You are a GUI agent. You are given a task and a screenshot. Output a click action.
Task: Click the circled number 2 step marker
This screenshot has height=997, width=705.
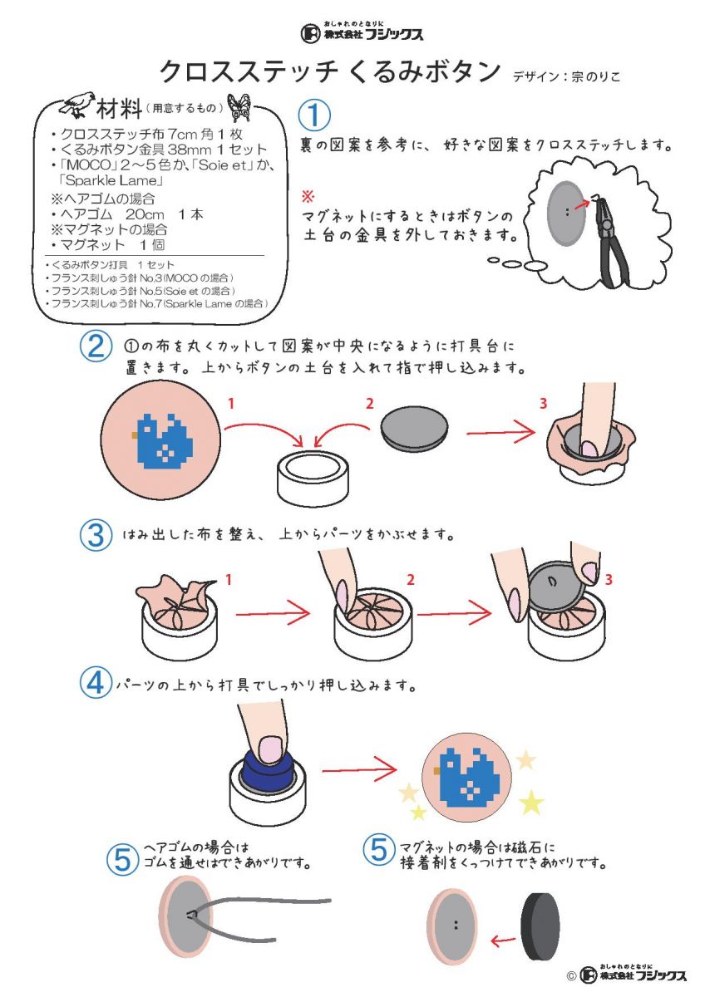pyautogui.click(x=96, y=346)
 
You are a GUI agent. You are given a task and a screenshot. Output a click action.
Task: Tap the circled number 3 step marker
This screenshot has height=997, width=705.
pyautogui.click(x=96, y=534)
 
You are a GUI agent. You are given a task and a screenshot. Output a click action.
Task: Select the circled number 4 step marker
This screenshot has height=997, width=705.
pyautogui.click(x=96, y=683)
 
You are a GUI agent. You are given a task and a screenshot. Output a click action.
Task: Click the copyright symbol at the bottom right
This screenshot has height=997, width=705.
pyautogui.click(x=571, y=976)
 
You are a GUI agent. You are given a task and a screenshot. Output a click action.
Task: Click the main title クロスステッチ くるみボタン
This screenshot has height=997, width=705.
pyautogui.click(x=328, y=71)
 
